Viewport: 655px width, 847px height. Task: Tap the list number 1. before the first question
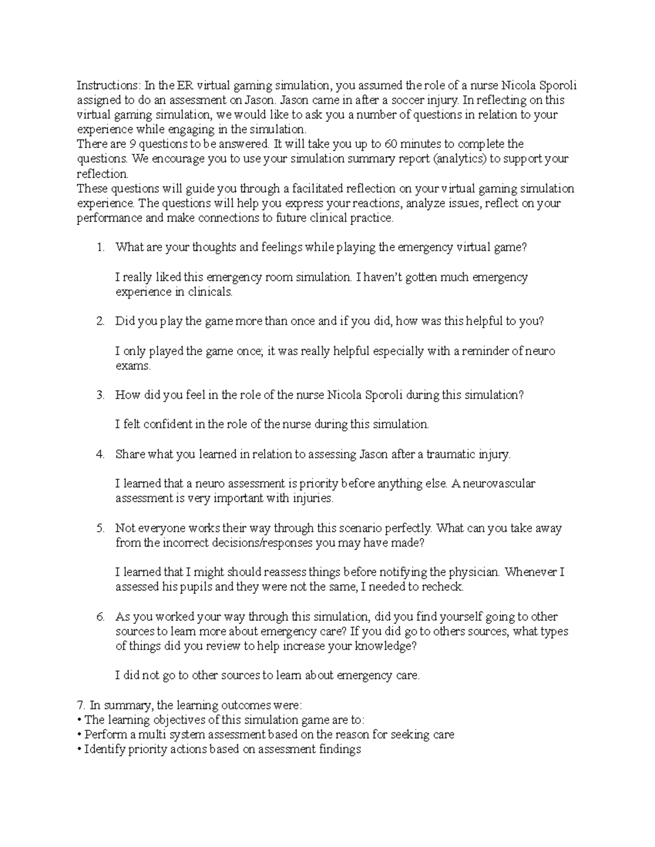[x=100, y=248]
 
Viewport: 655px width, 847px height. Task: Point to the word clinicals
[x=210, y=292]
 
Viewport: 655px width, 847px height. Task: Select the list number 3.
[x=100, y=395]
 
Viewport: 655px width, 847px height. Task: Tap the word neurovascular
[x=501, y=483]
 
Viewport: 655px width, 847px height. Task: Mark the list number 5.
[x=100, y=528]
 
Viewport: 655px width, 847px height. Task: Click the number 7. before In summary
[x=80, y=705]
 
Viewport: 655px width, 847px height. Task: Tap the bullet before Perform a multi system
[x=80, y=735]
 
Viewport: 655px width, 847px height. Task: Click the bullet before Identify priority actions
[x=80, y=749]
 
